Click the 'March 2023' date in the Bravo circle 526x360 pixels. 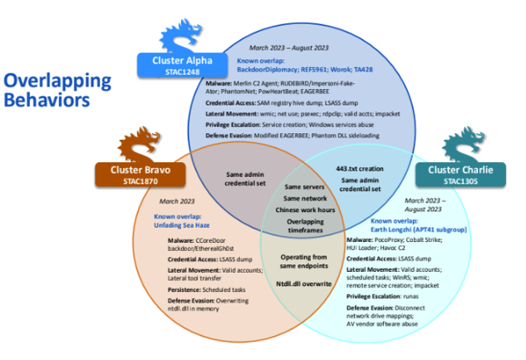(175, 203)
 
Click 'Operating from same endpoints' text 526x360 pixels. (298, 262)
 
